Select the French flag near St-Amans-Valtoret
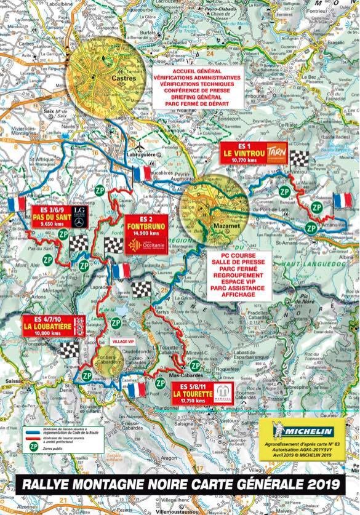342,201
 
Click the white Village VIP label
121,340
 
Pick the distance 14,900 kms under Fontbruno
146,233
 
